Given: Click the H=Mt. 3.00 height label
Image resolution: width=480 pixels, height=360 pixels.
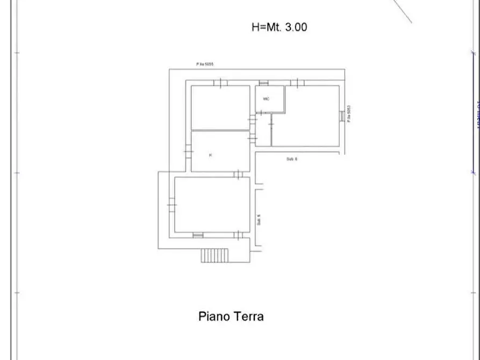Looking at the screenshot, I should tap(280, 27).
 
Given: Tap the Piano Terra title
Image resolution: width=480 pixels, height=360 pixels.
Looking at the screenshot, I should tap(231, 316).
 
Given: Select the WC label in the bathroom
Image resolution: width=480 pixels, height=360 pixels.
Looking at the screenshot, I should tap(266, 99).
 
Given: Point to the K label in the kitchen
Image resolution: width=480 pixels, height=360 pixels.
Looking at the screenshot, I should tap(210, 155).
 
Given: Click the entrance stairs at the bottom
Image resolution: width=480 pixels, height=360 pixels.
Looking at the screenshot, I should tap(215, 255).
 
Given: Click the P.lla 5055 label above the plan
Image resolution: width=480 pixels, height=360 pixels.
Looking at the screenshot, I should tap(205, 64).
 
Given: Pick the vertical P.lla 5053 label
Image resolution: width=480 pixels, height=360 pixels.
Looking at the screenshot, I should tap(349, 114).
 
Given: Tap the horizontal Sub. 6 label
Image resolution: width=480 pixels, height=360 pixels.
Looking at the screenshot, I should tap(292, 159).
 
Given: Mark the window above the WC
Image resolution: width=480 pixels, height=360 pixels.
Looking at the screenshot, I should tap(263, 83).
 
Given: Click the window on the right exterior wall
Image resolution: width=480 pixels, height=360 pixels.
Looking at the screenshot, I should tap(342, 115).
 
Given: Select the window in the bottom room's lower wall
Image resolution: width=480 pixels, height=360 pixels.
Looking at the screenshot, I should tap(198, 235).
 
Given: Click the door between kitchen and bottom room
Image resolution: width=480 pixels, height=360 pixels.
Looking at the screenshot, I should tap(238, 174).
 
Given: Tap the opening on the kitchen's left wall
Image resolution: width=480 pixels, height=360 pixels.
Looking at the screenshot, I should tap(189, 152).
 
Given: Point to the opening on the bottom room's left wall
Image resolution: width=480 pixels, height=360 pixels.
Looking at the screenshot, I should tap(171, 205).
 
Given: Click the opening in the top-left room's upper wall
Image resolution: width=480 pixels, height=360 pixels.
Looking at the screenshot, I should tap(220, 83).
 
